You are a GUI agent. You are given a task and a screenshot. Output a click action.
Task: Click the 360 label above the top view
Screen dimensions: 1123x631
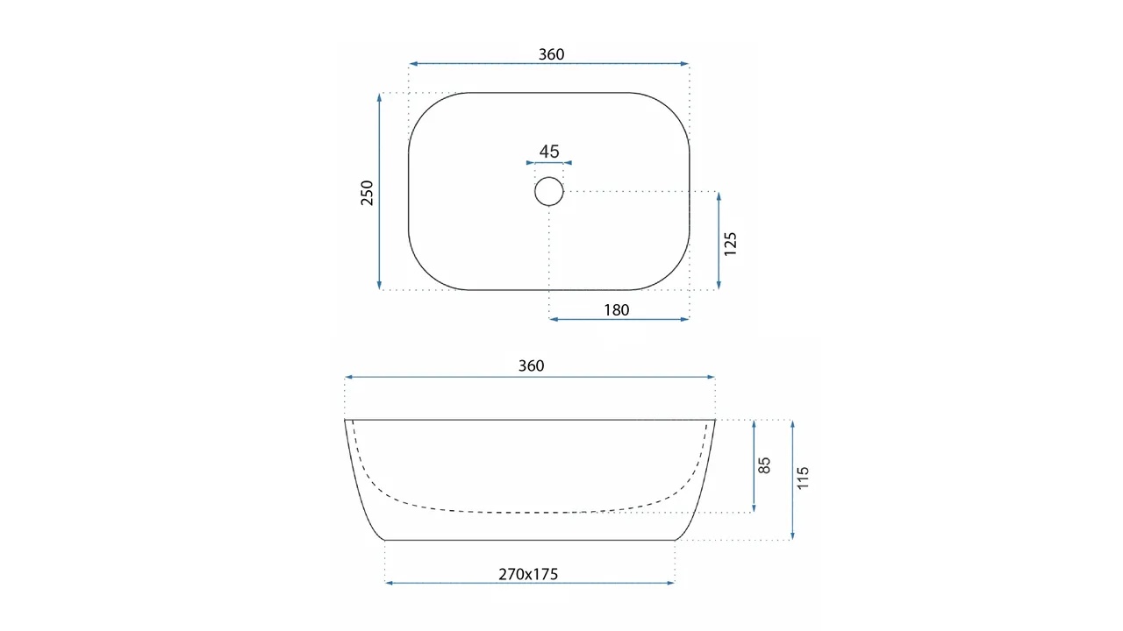(x=551, y=54)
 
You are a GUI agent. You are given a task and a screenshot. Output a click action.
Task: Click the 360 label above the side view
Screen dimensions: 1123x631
(x=531, y=366)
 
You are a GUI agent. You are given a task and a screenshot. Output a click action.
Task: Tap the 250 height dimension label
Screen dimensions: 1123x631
(x=368, y=193)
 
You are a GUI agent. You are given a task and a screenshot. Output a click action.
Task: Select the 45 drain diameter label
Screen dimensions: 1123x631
(x=549, y=152)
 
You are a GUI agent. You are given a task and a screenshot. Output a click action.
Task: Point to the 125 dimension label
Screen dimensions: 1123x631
(x=731, y=244)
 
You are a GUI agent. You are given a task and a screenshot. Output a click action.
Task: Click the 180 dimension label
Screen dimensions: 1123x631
(x=616, y=310)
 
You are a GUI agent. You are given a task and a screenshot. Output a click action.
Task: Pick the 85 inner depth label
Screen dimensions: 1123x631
(x=763, y=465)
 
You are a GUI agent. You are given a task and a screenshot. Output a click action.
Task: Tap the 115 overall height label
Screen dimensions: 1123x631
(x=803, y=478)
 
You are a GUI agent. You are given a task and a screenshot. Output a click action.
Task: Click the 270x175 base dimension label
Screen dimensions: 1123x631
(x=528, y=574)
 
